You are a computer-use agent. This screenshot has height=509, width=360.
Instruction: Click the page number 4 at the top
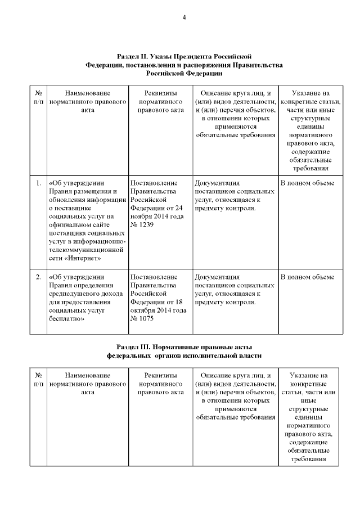[x=184, y=17]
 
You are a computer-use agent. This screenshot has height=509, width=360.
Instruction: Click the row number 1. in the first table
[x=38, y=183]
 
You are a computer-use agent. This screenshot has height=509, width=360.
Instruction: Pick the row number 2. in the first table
[x=38, y=277]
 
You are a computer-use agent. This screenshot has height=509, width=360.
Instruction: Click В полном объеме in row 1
[x=307, y=183]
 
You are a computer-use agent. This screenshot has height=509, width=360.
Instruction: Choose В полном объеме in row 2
[x=307, y=277]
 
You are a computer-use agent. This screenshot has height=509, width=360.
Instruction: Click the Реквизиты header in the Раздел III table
[x=161, y=375]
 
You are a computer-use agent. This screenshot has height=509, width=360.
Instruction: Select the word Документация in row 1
[x=217, y=183]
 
